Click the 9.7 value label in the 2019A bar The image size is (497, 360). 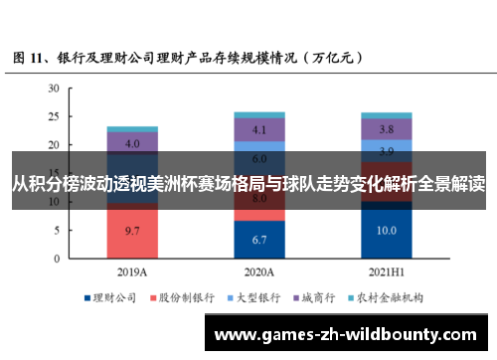point(132,230)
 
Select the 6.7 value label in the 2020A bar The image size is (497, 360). point(259,240)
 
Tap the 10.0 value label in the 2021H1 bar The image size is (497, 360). point(387,230)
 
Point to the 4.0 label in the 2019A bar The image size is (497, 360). point(132,143)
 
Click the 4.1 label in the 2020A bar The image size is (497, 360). point(259,129)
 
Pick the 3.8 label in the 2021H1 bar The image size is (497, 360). point(387,129)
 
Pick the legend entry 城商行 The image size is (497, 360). point(321,296)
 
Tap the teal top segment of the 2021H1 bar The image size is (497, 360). point(387,115)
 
